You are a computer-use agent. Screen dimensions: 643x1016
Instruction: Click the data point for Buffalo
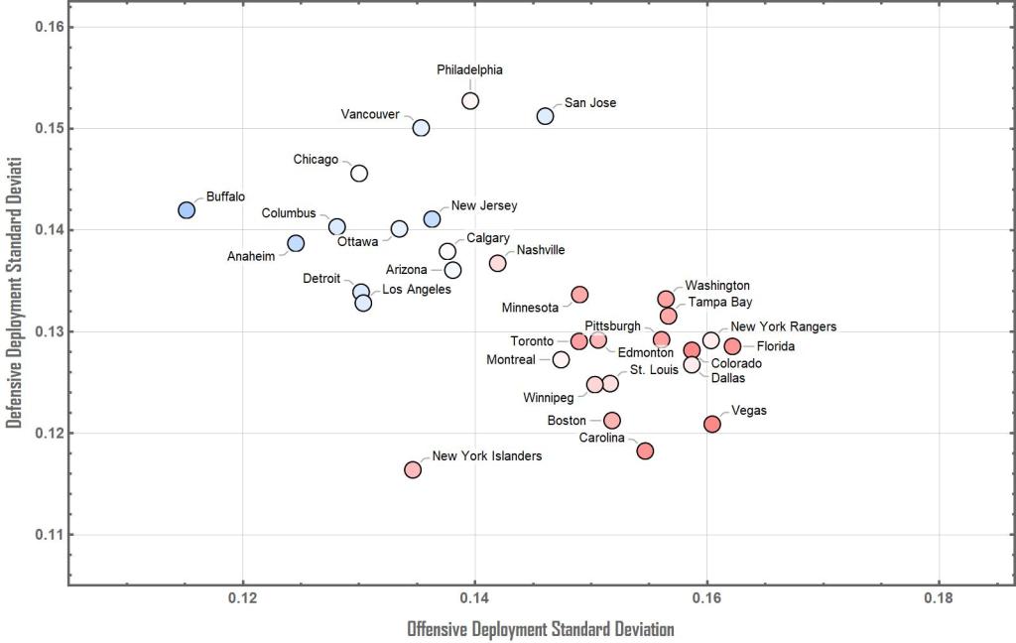pos(187,210)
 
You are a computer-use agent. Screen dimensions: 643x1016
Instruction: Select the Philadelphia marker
pos(470,101)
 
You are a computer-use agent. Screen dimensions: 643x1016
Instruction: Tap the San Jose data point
pos(545,116)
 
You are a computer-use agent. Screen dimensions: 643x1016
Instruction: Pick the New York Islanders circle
pos(413,469)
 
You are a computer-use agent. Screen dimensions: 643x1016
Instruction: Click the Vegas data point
pos(712,424)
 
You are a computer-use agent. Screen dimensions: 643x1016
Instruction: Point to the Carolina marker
pos(645,450)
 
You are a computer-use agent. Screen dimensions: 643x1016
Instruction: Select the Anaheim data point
pos(296,243)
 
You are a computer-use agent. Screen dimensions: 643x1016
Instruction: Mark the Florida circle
pos(732,346)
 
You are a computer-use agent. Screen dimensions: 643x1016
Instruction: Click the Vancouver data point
pos(421,128)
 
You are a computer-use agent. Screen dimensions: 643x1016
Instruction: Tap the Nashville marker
pos(497,263)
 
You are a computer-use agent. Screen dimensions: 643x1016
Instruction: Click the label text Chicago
pos(316,159)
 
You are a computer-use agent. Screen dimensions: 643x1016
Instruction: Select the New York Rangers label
pos(783,326)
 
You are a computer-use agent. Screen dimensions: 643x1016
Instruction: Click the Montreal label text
pos(511,360)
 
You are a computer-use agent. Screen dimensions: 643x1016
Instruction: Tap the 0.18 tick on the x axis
pos(939,598)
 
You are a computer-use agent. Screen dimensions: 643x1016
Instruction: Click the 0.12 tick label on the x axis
pos(243,598)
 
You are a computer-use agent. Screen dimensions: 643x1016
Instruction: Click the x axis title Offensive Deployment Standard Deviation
pos(541,629)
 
